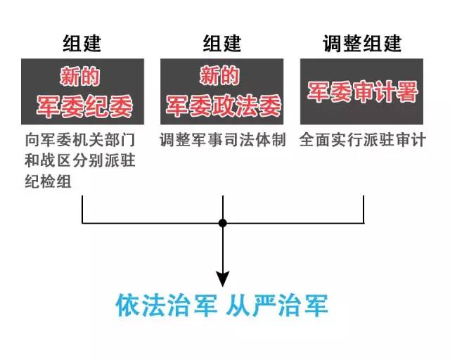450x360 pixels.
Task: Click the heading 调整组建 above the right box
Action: (x=362, y=43)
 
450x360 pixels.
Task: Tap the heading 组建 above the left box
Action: (x=82, y=43)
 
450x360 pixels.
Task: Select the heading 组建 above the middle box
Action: (x=222, y=43)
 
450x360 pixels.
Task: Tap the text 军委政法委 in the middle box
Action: (x=222, y=106)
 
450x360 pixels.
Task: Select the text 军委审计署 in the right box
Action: (x=362, y=92)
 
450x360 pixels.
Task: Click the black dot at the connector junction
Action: (x=222, y=223)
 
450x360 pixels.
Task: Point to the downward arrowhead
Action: (x=222, y=278)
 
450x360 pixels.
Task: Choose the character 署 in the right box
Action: (x=406, y=92)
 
